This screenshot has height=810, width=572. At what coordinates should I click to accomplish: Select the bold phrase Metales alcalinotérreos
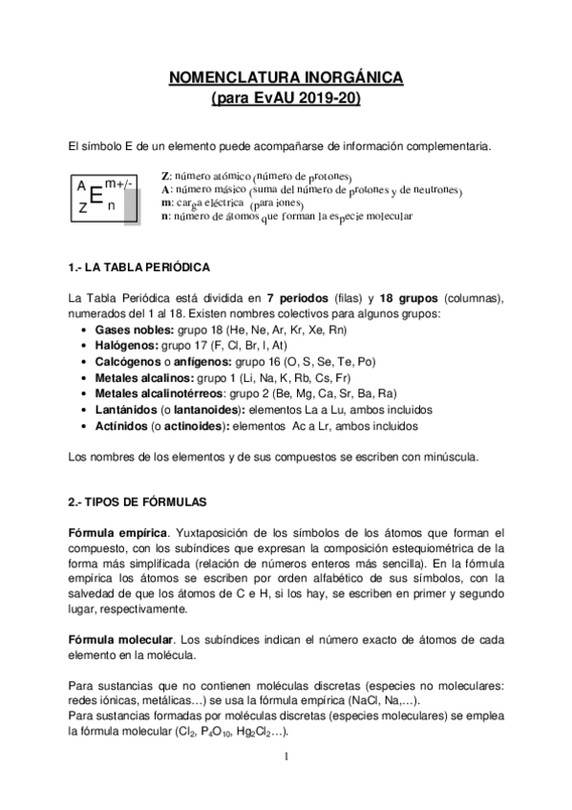pos(159,393)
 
